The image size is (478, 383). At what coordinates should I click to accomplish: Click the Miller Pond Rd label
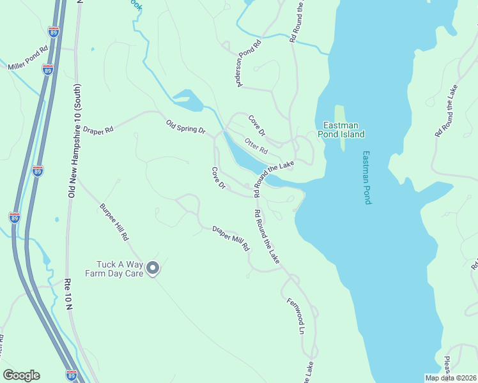click(27, 57)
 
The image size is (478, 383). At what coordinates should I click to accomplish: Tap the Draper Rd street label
click(98, 129)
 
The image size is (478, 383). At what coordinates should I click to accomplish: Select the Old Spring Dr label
click(185, 126)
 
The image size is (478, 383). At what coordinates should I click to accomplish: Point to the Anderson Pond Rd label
click(249, 63)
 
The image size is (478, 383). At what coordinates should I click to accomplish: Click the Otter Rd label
click(256, 146)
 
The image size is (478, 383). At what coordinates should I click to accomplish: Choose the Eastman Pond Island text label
click(344, 130)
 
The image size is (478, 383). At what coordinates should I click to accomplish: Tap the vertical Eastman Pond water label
click(367, 177)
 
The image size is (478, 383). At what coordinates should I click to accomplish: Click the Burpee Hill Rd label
click(114, 222)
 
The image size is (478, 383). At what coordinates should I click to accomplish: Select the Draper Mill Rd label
click(230, 237)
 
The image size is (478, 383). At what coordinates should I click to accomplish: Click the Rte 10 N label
click(69, 294)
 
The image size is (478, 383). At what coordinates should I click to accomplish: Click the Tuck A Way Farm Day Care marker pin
click(152, 269)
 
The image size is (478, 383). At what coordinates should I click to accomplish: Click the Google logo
click(21, 375)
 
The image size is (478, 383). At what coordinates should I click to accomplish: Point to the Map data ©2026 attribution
click(451, 378)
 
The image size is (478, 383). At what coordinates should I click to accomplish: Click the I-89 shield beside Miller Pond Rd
click(47, 69)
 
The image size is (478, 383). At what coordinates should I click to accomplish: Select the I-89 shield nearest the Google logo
click(71, 375)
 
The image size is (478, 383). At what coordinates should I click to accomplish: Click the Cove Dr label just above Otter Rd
click(256, 125)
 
